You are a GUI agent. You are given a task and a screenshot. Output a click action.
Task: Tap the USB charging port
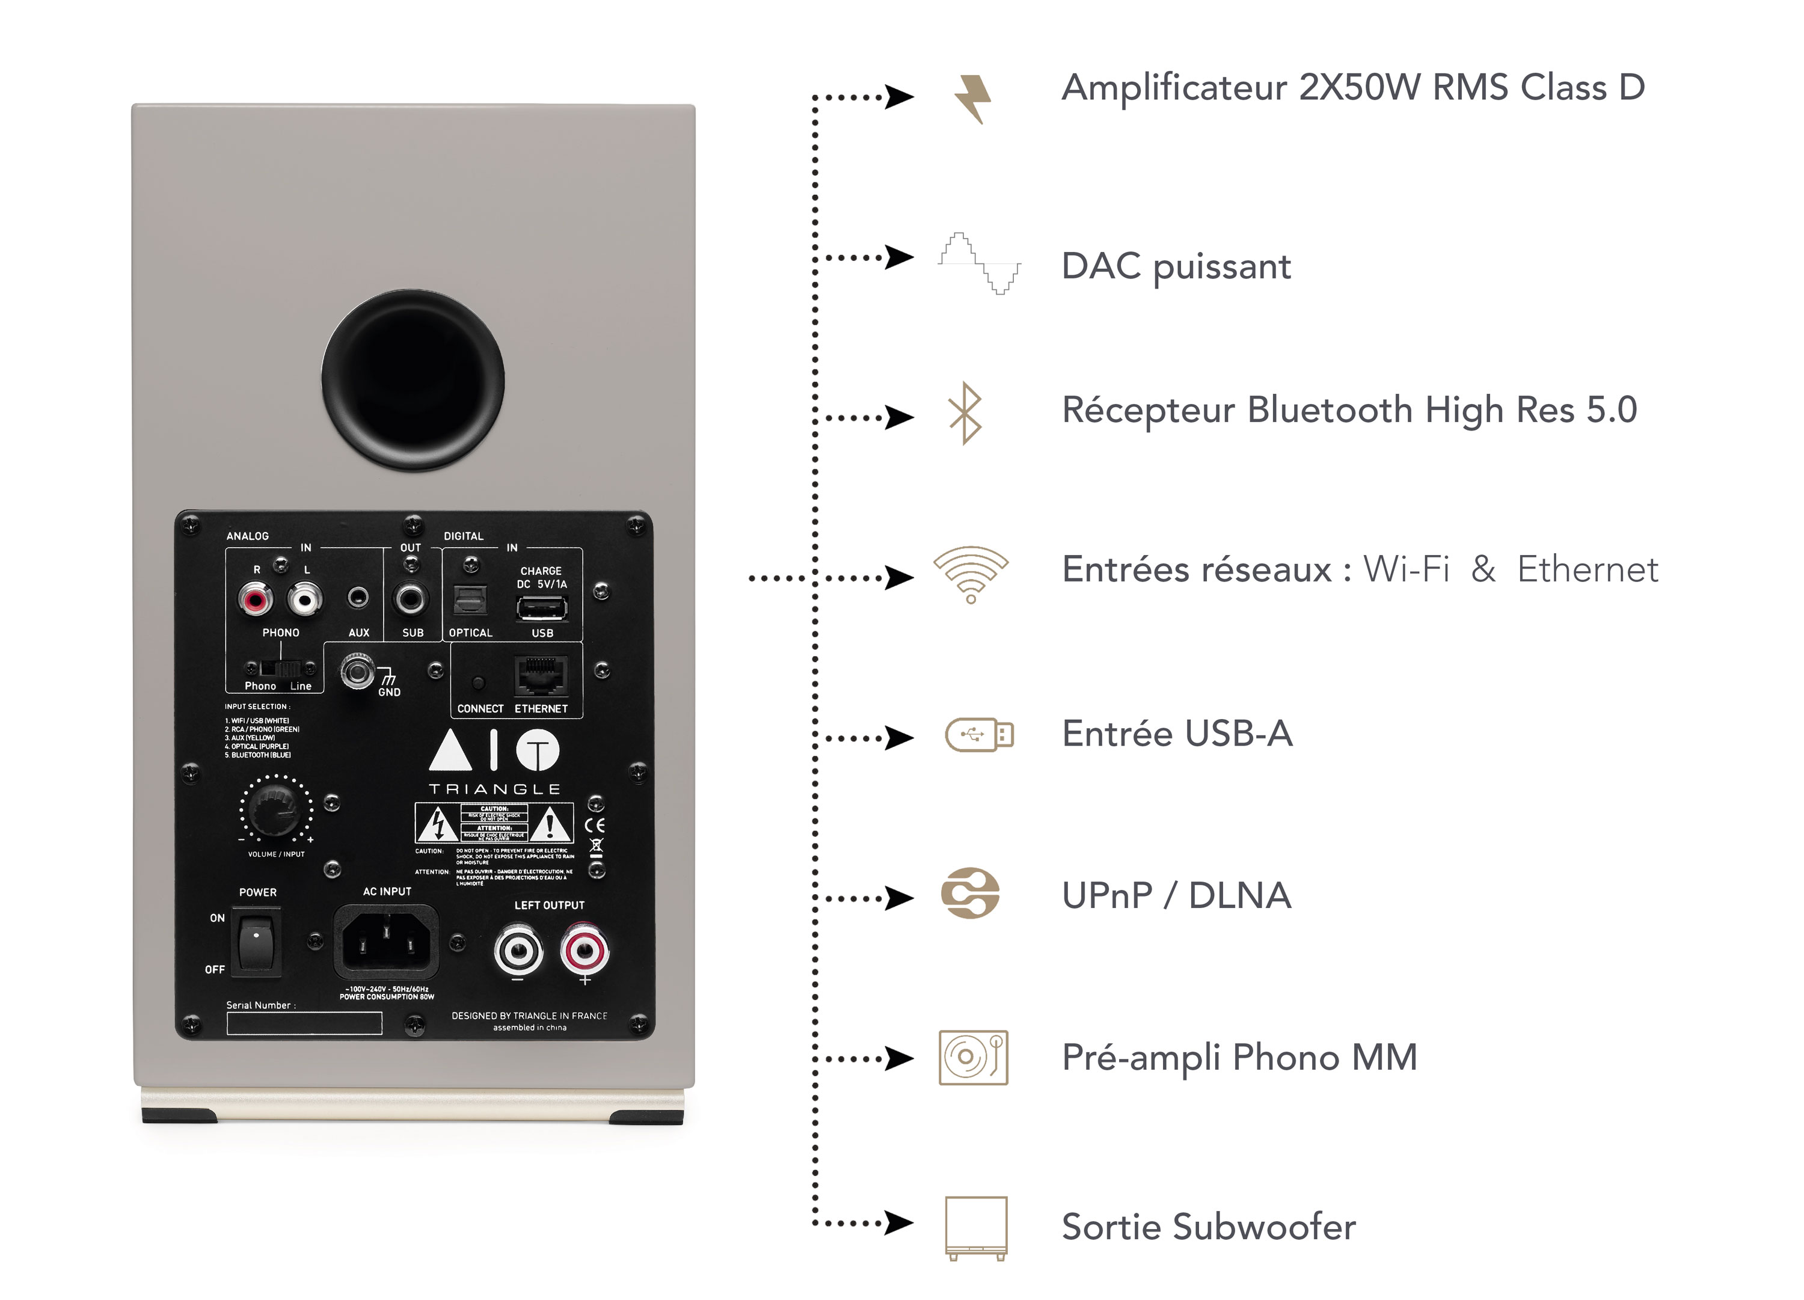pyautogui.click(x=542, y=609)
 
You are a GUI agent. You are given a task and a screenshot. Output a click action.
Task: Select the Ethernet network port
pyautogui.click(x=541, y=676)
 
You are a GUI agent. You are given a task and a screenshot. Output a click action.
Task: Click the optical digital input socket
pyautogui.click(x=470, y=601)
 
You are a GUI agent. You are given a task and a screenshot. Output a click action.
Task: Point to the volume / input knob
pyautogui.click(x=275, y=809)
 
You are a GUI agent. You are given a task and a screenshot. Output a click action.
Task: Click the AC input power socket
pyautogui.click(x=387, y=943)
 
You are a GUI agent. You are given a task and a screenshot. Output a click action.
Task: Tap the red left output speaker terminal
pyautogui.click(x=584, y=950)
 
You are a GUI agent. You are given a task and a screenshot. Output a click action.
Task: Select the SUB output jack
pyautogui.click(x=411, y=598)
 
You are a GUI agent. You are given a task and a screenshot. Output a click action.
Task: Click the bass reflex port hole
pyautogui.click(x=413, y=380)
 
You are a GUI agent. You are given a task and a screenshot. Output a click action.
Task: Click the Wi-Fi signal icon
pyautogui.click(x=971, y=574)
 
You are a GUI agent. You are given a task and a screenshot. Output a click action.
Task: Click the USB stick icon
pyautogui.click(x=978, y=734)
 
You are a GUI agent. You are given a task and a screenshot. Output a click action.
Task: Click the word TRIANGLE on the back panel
pyautogui.click(x=495, y=790)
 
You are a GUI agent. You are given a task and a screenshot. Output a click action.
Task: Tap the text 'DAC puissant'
pyautogui.click(x=1176, y=266)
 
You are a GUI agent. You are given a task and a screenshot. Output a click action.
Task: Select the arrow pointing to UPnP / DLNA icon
pyautogui.click(x=899, y=898)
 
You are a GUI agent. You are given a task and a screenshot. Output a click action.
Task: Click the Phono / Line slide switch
pyautogui.click(x=281, y=668)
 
